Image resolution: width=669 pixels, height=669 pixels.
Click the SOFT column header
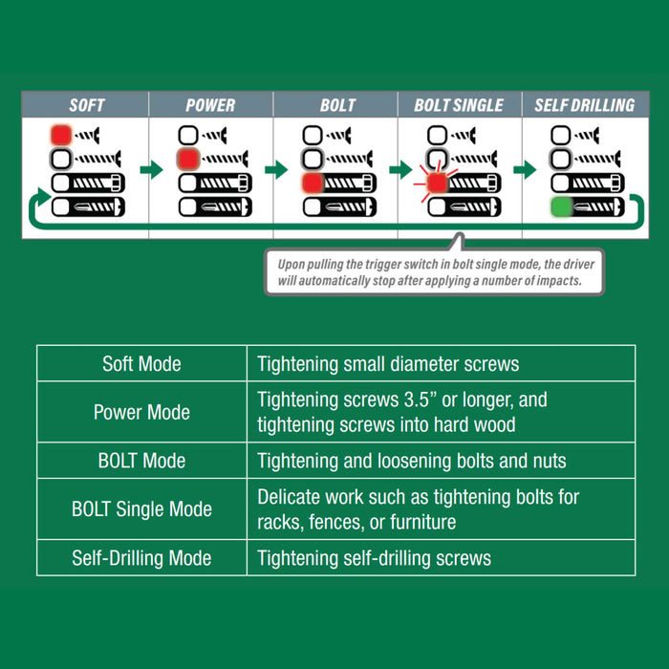coord(86,105)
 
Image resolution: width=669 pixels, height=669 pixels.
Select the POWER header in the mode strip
coord(210,105)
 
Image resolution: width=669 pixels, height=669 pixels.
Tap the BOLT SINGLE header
coord(459,105)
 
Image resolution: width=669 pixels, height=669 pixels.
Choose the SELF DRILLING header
coord(584,105)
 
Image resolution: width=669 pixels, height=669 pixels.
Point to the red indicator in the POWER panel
coord(187,159)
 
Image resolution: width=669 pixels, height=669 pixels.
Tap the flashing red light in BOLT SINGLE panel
coord(437,183)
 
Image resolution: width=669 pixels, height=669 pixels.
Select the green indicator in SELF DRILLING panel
coord(561,206)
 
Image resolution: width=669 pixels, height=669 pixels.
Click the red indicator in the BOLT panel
coord(312,183)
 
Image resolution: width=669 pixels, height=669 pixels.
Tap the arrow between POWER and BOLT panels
coord(275,170)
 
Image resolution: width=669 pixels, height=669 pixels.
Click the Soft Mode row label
coord(141,364)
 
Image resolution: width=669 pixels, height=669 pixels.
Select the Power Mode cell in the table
coord(141,413)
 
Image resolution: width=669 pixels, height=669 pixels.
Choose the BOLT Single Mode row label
coord(141,509)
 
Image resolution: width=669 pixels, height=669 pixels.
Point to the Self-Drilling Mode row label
coord(141,558)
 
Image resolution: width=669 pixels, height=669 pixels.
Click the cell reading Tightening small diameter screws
coord(388,364)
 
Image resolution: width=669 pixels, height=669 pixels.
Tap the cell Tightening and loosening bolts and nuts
coord(412,462)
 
